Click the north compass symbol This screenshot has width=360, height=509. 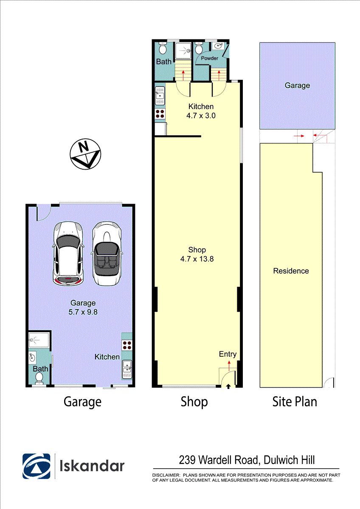tap(85, 154)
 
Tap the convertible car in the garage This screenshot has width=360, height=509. tap(107, 253)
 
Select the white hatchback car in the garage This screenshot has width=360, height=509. tap(68, 253)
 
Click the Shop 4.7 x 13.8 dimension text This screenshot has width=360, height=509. tap(197, 254)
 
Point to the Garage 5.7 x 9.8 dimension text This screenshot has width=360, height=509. tap(83, 307)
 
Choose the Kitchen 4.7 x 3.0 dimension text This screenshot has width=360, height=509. tap(201, 111)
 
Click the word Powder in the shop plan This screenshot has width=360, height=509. tap(209, 58)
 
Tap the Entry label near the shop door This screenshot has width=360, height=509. tap(228, 354)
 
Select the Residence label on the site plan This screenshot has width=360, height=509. tap(291, 271)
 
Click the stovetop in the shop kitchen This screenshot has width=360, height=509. tap(160, 113)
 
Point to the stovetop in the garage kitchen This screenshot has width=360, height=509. tap(127, 345)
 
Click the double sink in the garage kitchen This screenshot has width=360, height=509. tap(127, 369)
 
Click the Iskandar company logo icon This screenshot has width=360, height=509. tap(37, 463)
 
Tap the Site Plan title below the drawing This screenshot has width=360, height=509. tap(295, 402)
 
